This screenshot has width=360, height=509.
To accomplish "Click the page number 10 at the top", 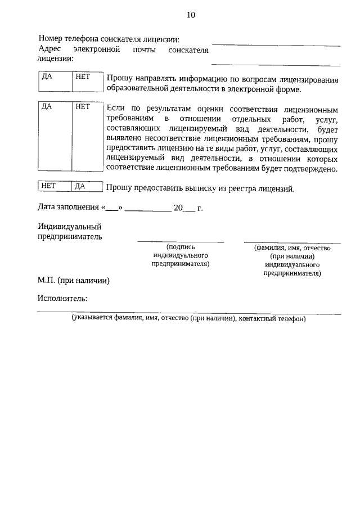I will tap(191, 15).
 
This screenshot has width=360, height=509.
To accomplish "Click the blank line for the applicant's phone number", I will tap(276, 44).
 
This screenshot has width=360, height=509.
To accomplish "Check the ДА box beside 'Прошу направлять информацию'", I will tap(54, 82).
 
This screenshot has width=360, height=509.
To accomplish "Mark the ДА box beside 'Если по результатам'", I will tap(54, 138).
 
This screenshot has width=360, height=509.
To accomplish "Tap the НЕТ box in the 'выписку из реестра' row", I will tap(55, 186).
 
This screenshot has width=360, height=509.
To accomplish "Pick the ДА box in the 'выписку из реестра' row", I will tap(87, 186).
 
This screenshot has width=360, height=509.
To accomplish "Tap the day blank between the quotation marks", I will tap(112, 208).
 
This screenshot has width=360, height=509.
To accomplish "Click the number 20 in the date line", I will tap(178, 208).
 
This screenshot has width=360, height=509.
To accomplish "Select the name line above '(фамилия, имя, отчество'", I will tap(292, 242).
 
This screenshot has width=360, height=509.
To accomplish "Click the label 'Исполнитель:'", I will tap(62, 299).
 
